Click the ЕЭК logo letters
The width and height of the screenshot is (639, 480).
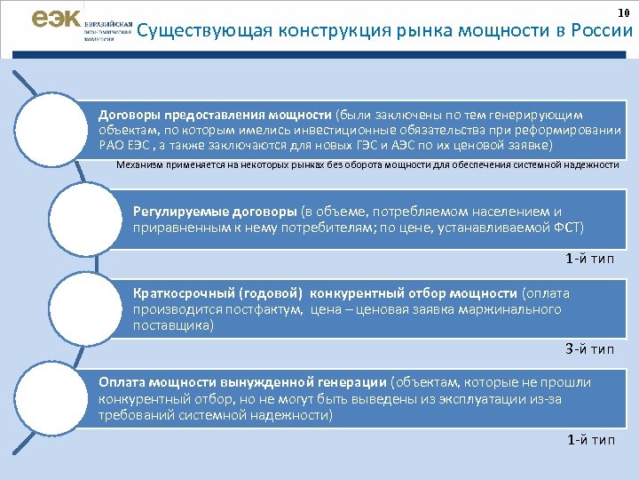[x=55, y=20]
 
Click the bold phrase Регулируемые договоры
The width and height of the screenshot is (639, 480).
[x=215, y=212]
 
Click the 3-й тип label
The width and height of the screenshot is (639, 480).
[x=589, y=348]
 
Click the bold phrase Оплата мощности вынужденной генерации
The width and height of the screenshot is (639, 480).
[x=242, y=381]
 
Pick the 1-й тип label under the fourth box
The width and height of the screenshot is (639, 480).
[x=589, y=439]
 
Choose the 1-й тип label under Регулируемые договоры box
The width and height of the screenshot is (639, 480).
[x=589, y=260]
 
